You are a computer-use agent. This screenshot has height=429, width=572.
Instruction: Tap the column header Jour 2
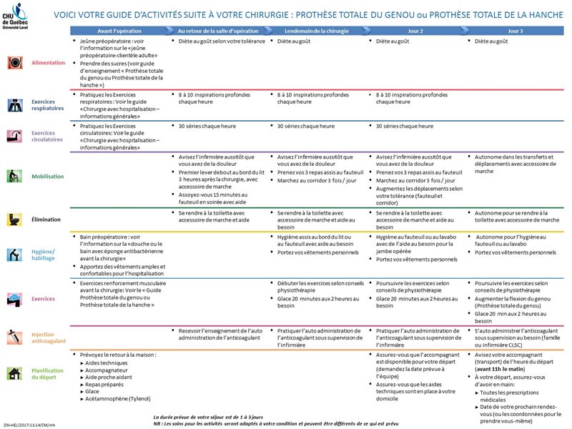(415, 32)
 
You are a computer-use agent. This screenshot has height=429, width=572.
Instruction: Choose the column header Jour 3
(514, 32)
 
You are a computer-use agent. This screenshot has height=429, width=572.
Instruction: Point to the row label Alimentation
(48, 63)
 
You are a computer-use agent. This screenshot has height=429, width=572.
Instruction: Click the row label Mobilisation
(47, 176)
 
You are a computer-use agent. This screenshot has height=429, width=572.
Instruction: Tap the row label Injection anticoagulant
(47, 337)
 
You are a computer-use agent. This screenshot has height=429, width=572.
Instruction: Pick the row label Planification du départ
(47, 373)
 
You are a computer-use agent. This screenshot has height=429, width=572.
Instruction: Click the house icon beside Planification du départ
(14, 373)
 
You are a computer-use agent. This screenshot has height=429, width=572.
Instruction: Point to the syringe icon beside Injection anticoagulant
(14, 336)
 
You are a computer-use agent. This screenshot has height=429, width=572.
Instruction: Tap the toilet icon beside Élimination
(14, 219)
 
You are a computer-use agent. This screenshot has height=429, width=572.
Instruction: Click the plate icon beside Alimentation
(14, 63)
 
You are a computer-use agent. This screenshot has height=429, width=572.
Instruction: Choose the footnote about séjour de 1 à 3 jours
(208, 416)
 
